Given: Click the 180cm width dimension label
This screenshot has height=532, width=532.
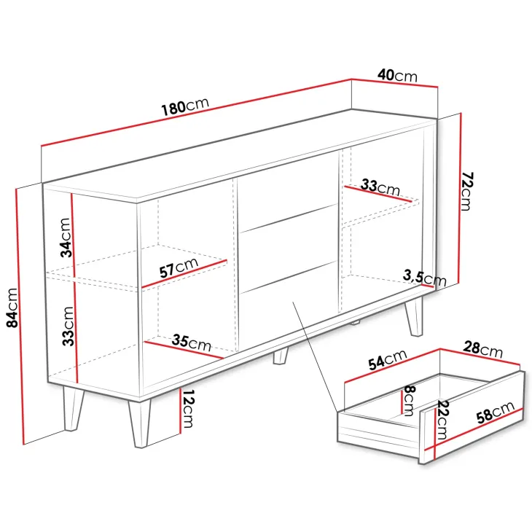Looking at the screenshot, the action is pyautogui.click(x=185, y=106).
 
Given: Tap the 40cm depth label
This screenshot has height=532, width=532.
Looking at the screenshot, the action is pyautogui.click(x=397, y=75).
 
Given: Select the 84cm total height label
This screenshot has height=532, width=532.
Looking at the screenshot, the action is pyautogui.click(x=12, y=308).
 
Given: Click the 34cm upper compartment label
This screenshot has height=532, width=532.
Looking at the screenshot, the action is pyautogui.click(x=66, y=238).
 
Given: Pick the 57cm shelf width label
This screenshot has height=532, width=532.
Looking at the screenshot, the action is pyautogui.click(x=179, y=267).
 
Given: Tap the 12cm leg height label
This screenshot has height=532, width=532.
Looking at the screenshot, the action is pyautogui.click(x=188, y=408).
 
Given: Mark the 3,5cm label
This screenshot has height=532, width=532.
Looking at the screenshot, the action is pyautogui.click(x=424, y=277).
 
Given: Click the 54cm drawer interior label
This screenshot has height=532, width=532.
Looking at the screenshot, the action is pyautogui.click(x=388, y=359).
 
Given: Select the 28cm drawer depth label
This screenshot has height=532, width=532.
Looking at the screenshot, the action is pyautogui.click(x=482, y=350).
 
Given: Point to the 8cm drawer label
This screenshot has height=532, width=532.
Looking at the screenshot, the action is pyautogui.click(x=410, y=401).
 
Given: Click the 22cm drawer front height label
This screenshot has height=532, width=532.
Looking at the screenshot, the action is pyautogui.click(x=442, y=420).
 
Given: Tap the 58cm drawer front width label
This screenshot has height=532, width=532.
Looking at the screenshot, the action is pyautogui.click(x=496, y=412).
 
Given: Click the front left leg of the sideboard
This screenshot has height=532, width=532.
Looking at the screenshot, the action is pyautogui.click(x=139, y=424).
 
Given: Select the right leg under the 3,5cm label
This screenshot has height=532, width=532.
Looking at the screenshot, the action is pyautogui.click(x=414, y=316).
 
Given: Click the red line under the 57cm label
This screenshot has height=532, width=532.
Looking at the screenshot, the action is pyautogui.click(x=184, y=274).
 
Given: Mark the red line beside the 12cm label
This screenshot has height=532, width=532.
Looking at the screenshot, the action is pyautogui.click(x=180, y=411).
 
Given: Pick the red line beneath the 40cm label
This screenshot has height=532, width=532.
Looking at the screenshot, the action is pyautogui.click(x=394, y=83).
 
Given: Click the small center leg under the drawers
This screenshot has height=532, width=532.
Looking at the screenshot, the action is pyautogui.click(x=281, y=356).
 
